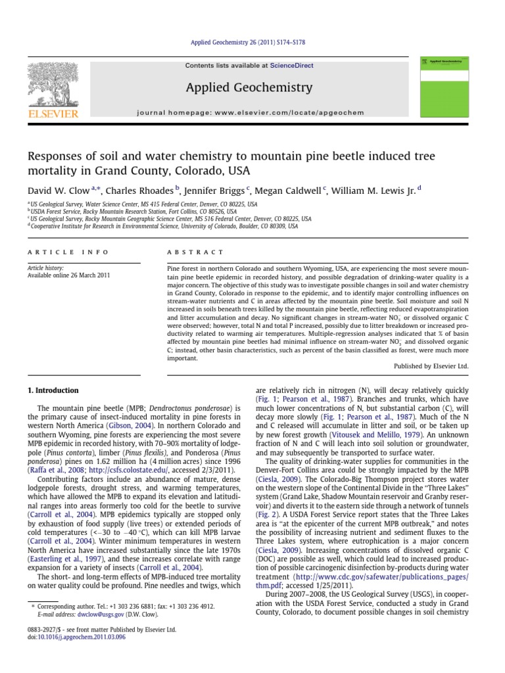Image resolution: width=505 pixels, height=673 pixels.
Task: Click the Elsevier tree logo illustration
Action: coord(51,83)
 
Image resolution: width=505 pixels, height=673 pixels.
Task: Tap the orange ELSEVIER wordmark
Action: coord(51,113)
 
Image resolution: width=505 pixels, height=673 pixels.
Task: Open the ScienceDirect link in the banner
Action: coord(288,66)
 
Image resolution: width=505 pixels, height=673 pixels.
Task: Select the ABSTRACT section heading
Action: coord(195,252)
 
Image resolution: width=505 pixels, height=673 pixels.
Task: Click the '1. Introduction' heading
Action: coord(52,390)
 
